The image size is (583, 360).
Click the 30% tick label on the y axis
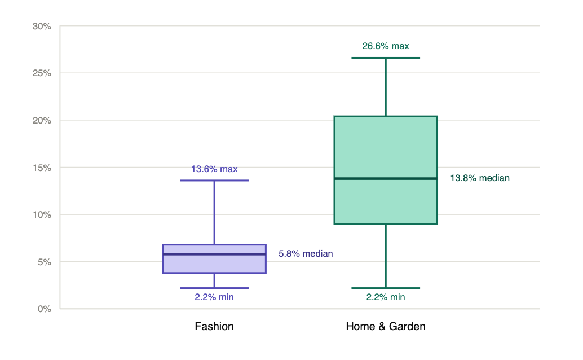pos(42,26)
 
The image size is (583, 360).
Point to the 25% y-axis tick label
pos(42,73)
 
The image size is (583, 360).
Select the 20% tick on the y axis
pos(42,120)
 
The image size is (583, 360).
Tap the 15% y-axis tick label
pos(42,168)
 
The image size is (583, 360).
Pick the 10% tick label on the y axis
pos(42,215)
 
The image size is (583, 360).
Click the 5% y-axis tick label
pos(44,262)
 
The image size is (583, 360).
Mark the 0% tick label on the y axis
pos(44,309)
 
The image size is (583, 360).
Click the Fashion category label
pos(214,327)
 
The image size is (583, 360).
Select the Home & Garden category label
pos(386,327)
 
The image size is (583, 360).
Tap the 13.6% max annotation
pos(214,169)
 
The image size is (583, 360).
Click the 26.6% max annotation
pos(386,46)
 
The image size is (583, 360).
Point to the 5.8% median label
pos(306,253)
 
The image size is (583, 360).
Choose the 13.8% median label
pos(480,178)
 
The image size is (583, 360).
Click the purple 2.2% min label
pos(214,297)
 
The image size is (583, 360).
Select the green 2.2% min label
pos(386,297)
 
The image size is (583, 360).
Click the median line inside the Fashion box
pos(214,254)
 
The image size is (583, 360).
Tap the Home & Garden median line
pos(386,179)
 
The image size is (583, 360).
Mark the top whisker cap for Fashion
pos(214,181)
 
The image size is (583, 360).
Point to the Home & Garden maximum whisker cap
pos(386,58)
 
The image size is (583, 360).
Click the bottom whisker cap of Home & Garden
pos(386,288)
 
